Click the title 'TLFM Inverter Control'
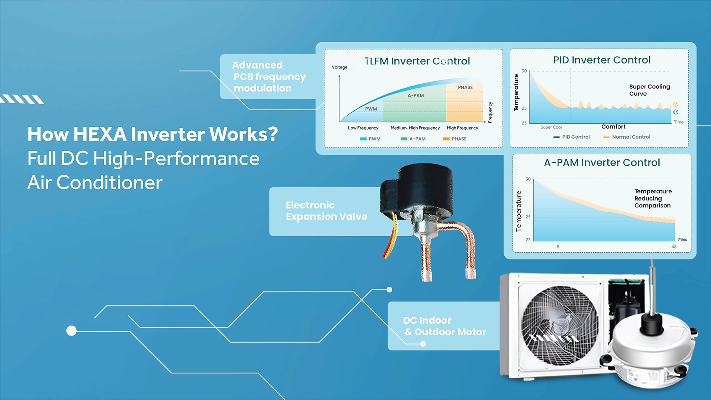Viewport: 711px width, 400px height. coord(417,61)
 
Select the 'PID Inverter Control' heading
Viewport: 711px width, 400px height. coord(602,60)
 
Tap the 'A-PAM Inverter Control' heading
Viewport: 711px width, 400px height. coord(602,163)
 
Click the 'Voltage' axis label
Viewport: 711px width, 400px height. coord(340,67)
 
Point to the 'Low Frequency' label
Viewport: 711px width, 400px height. coord(363,128)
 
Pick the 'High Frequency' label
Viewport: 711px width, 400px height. coord(463,128)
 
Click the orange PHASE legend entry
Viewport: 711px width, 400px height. coord(455,139)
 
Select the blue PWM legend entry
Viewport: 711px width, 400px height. coord(370,139)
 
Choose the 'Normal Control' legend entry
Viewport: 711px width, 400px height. coord(627,137)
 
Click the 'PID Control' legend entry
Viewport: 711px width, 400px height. coord(571,137)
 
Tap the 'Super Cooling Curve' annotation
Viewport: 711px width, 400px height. coord(650,90)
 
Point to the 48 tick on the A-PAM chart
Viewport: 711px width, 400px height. coord(674,247)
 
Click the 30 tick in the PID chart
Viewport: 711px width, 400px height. coord(524,71)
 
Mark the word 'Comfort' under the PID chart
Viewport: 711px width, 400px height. coord(614,127)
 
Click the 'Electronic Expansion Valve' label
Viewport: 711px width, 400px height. coord(327,211)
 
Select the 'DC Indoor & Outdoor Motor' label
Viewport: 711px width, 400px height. coord(445,326)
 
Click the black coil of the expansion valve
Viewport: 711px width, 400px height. coord(418,189)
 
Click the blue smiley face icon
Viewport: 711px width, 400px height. coord(676,112)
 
